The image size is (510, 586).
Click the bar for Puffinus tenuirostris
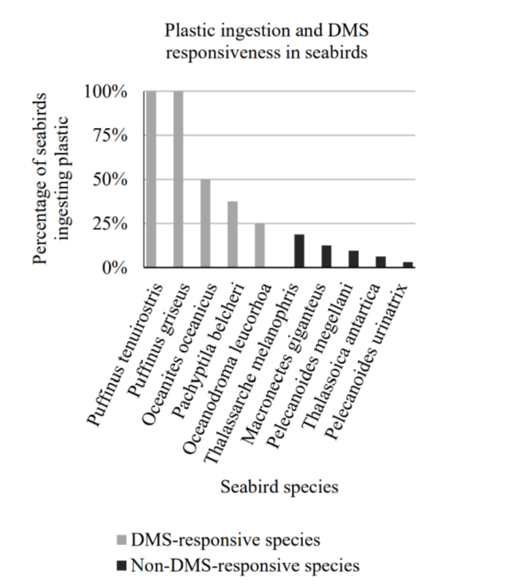(x=150, y=179)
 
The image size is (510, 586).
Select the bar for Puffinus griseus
(x=177, y=179)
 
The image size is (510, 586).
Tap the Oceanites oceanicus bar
(x=204, y=223)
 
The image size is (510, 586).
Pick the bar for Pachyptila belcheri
(x=232, y=235)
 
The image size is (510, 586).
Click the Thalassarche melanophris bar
(x=299, y=251)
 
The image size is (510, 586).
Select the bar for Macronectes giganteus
(x=326, y=257)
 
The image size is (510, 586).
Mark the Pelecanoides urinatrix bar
(x=407, y=265)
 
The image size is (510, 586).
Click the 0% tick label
(x=116, y=267)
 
